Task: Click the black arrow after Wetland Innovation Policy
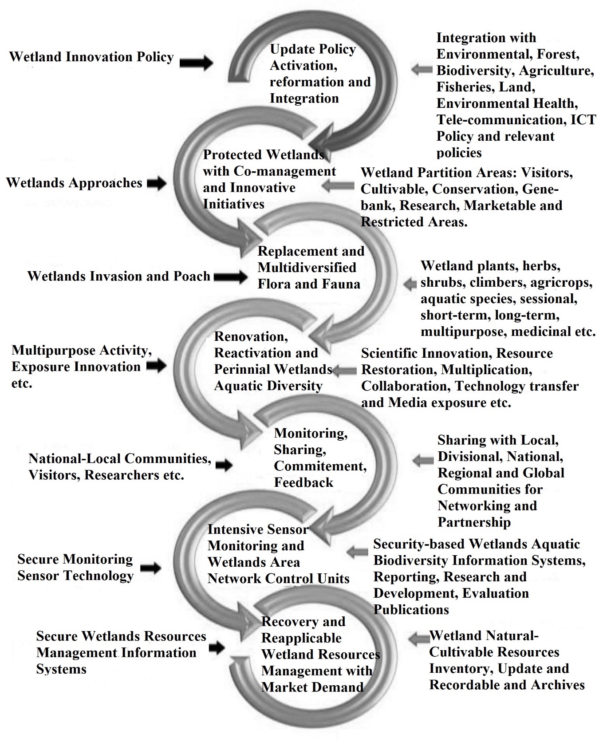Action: coord(196,63)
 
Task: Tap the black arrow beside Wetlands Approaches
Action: coord(156,183)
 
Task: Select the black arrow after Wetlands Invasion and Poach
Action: coord(231,277)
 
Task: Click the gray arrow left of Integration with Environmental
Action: coord(422,69)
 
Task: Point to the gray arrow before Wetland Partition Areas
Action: coord(339,186)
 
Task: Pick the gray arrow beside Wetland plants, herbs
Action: coord(410,284)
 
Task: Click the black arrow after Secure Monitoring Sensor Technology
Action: coord(150,567)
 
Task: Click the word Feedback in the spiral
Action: coord(303,482)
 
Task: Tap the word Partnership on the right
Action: coord(474,522)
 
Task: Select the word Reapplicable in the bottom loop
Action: coord(301,638)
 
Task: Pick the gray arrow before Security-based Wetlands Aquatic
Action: coord(357,552)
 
